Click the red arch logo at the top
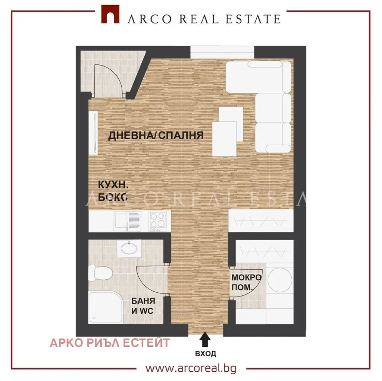pos(110,14)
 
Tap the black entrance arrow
pos(205,339)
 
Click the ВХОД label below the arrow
pos(206,353)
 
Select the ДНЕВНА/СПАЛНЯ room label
pos(156,135)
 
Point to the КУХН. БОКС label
pos(113,191)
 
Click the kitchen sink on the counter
pos(127,221)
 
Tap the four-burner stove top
pos(158,221)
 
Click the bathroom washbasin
pos(129,249)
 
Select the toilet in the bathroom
pos(100,273)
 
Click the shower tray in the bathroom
pos(106,307)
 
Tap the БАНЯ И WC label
pos(143,306)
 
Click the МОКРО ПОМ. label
pos(246,282)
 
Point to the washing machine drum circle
pos(280,280)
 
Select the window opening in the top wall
pos(222,52)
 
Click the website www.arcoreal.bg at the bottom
pos(191,368)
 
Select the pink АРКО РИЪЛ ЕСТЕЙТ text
pos(110,343)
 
